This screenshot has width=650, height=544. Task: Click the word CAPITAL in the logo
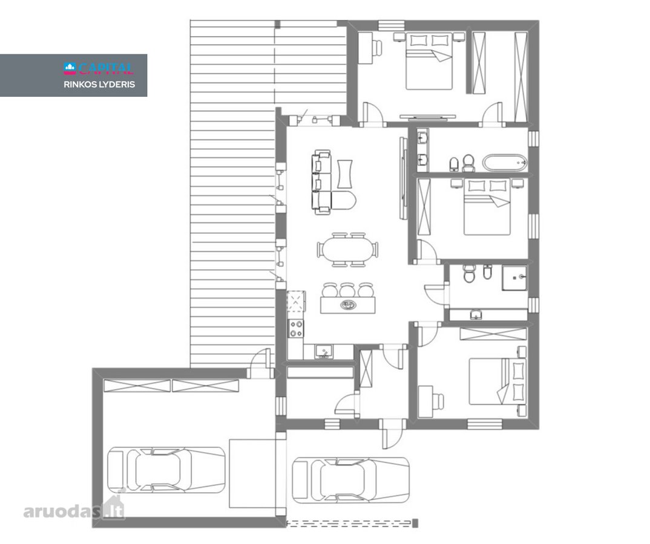coord(106,68)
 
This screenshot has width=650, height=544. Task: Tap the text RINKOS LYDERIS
coord(99,84)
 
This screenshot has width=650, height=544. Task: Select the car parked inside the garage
coord(166,469)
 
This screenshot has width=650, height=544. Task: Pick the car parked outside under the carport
coord(350,480)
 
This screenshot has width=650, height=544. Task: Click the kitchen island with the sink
coord(348,305)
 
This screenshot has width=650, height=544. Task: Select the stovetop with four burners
coord(296,328)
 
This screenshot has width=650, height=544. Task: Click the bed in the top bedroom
coord(428,61)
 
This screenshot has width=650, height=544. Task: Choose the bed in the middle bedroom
coord(487,207)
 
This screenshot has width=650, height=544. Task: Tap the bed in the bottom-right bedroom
coord(497,381)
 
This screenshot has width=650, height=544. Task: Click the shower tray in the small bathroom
coord(514,277)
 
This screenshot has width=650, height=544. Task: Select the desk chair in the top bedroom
coord(378,47)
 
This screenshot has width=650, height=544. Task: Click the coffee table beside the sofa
coord(344,174)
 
